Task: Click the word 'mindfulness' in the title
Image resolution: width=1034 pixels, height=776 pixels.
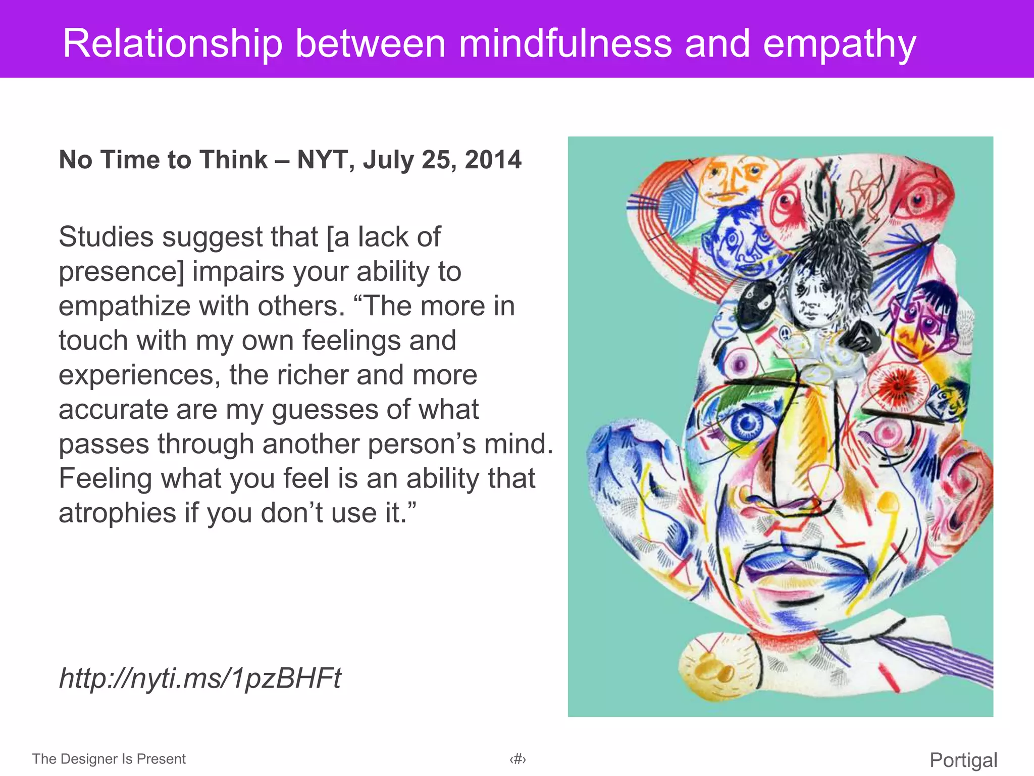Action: pos(565,43)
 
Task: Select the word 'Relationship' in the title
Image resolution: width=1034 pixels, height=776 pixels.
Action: pos(172,44)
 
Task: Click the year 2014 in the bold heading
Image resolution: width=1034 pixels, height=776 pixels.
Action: pos(493,160)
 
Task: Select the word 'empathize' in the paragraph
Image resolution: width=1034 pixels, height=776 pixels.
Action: pos(123,306)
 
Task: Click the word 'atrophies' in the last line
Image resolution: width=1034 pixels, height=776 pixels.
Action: pos(117,513)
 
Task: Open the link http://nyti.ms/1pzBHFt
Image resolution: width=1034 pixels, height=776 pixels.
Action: pos(200,678)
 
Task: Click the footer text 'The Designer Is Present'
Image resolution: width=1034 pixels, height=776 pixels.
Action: pos(109,759)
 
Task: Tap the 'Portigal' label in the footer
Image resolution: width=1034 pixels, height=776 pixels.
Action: pos(963,760)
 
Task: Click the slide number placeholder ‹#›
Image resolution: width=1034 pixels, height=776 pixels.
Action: pos(518,759)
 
